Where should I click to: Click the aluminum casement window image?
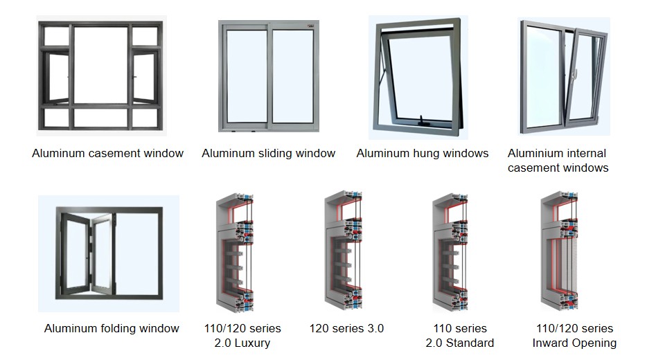[101, 77]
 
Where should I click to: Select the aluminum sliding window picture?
[267, 75]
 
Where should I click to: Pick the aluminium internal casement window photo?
[562, 76]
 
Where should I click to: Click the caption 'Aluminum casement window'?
[107, 153]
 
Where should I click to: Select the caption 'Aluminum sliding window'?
[268, 153]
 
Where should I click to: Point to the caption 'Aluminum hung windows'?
[422, 153]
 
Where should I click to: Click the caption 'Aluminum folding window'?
[112, 328]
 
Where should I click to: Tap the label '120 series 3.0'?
[346, 328]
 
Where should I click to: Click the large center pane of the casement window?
[101, 64]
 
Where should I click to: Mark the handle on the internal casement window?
[574, 71]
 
